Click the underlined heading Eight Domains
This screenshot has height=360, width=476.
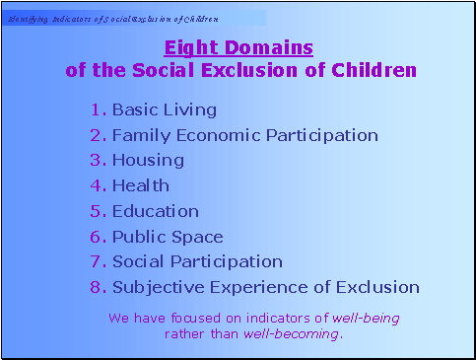pyautogui.click(x=238, y=47)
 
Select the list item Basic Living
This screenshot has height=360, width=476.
pyautogui.click(x=164, y=109)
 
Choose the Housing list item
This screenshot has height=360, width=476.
pyautogui.click(x=148, y=160)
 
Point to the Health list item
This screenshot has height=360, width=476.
pyautogui.click(x=141, y=185)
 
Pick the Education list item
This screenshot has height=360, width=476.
pyautogui.click(x=156, y=211)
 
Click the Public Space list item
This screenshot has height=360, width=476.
pyautogui.click(x=168, y=237)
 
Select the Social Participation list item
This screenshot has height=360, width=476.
pyautogui.click(x=197, y=261)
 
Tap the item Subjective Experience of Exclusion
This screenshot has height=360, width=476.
pyautogui.click(x=266, y=287)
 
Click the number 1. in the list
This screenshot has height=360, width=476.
pyautogui.click(x=98, y=109)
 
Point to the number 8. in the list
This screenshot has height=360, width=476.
pyautogui.click(x=98, y=287)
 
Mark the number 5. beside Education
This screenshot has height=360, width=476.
pyautogui.click(x=98, y=211)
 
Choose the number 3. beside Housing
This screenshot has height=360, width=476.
pyautogui.click(x=98, y=160)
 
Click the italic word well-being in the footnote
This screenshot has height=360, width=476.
pyautogui.click(x=366, y=319)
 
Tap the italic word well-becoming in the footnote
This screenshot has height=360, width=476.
pyautogui.click(x=293, y=334)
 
